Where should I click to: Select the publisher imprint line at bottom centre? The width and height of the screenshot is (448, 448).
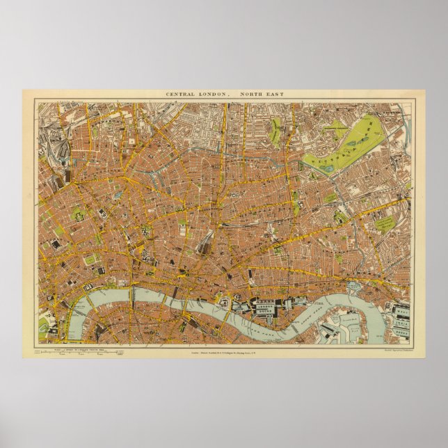tap(224, 351)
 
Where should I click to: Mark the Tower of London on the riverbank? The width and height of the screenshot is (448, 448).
tap(227, 301)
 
